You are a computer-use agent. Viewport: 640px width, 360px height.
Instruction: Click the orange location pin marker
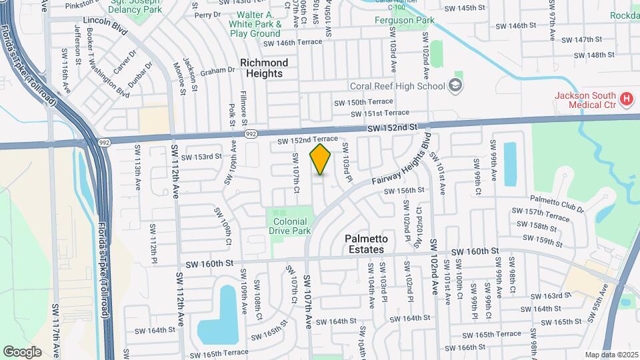tap(321, 159)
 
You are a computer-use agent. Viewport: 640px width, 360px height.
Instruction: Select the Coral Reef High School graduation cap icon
tap(455, 85)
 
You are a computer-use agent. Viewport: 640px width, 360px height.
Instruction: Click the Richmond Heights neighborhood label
tap(264, 68)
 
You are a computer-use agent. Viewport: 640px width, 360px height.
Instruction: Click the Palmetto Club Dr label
tap(557, 199)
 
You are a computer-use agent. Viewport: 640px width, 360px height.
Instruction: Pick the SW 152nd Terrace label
tap(303, 140)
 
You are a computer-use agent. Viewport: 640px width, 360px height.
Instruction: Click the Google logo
tap(22, 351)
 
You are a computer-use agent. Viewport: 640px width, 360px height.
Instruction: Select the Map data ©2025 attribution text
tap(611, 354)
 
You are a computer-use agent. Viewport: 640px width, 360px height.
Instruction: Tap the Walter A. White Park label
tap(255, 23)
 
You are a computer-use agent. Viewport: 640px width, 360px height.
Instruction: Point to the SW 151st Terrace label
tap(380, 113)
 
